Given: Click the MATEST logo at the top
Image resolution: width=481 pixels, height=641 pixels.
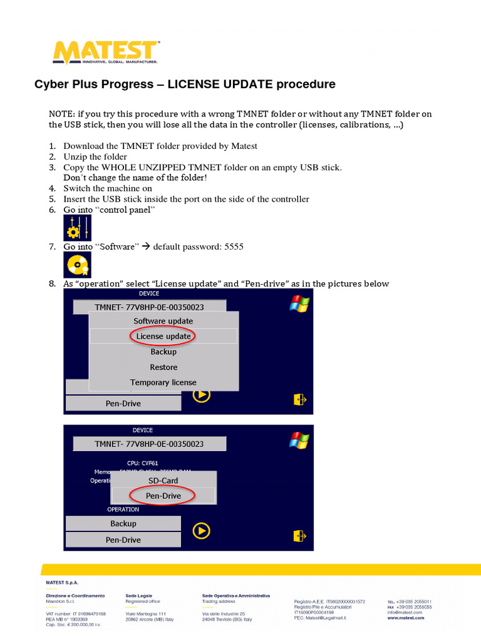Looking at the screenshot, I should coord(106,53).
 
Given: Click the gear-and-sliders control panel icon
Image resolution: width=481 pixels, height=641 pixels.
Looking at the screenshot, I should coord(77,228).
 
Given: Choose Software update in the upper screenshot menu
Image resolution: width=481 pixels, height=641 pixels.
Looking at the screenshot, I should coord(163,321).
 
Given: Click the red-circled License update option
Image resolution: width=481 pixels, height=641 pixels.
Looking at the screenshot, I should coord(163,336).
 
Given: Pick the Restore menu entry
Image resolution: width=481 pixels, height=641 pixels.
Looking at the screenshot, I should coord(163,367).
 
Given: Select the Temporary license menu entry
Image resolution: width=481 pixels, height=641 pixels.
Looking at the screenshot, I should coord(163,382).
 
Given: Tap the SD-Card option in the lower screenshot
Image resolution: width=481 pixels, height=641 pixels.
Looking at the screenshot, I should coord(163,481).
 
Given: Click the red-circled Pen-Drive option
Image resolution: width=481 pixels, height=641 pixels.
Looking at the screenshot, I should coord(163,496).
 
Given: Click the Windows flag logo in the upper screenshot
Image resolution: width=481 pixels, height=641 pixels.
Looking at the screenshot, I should coord(299,304).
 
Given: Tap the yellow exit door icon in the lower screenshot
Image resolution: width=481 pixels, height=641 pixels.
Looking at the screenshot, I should coord(299,535).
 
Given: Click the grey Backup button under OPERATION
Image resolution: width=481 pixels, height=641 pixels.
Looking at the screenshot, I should coord(123,523).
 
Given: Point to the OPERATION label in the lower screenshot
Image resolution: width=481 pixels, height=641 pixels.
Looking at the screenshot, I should coord(123,510).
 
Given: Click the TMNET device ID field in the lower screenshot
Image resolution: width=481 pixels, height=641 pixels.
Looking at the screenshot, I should coord(149,444).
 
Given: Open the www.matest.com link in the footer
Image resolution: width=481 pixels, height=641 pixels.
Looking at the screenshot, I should coord(405,618).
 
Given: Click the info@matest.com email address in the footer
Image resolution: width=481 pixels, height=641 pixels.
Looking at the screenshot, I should coord(405,612).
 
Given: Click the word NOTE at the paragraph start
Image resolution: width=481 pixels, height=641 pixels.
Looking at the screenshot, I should coord(61,114).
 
